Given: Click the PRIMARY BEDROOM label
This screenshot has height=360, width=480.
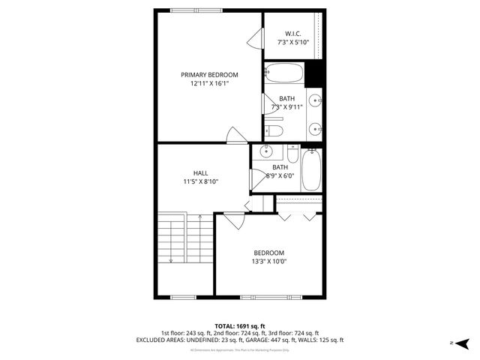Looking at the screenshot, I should [209, 74].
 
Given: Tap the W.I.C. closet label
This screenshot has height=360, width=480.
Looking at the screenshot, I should [292, 33].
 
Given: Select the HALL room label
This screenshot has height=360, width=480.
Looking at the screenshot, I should [200, 172].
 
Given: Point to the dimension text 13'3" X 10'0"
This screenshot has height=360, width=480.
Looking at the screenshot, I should [268, 262].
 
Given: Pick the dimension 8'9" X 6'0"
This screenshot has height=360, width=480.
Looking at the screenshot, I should [280, 176].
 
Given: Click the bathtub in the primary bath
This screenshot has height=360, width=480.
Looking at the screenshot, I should [284, 73].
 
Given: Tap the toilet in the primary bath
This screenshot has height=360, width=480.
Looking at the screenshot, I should [274, 131].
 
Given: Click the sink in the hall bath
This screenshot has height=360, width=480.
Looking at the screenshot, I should [266, 152].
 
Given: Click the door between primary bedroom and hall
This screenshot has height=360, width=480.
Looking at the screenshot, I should [237, 134].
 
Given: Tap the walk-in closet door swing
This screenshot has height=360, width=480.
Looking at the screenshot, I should [257, 37].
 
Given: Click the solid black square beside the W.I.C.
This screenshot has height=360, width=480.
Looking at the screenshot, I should [315, 73].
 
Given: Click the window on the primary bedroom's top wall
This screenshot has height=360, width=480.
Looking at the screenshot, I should [196, 10].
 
